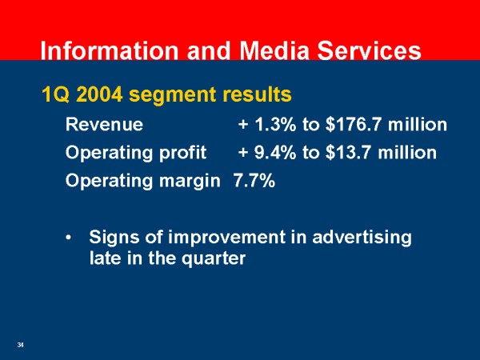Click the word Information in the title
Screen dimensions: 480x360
109,50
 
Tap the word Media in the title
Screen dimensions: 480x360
274,50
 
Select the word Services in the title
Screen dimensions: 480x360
369,50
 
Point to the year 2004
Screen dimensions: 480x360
99,94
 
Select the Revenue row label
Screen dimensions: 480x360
104,125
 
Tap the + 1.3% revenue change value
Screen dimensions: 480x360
267,125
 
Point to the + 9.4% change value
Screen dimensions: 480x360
267,153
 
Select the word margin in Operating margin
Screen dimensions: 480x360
190,182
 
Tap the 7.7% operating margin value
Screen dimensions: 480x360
254,180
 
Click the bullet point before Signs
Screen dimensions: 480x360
70,238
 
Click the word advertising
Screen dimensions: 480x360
362,238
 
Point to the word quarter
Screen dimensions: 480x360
214,259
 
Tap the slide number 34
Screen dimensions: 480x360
21,345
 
